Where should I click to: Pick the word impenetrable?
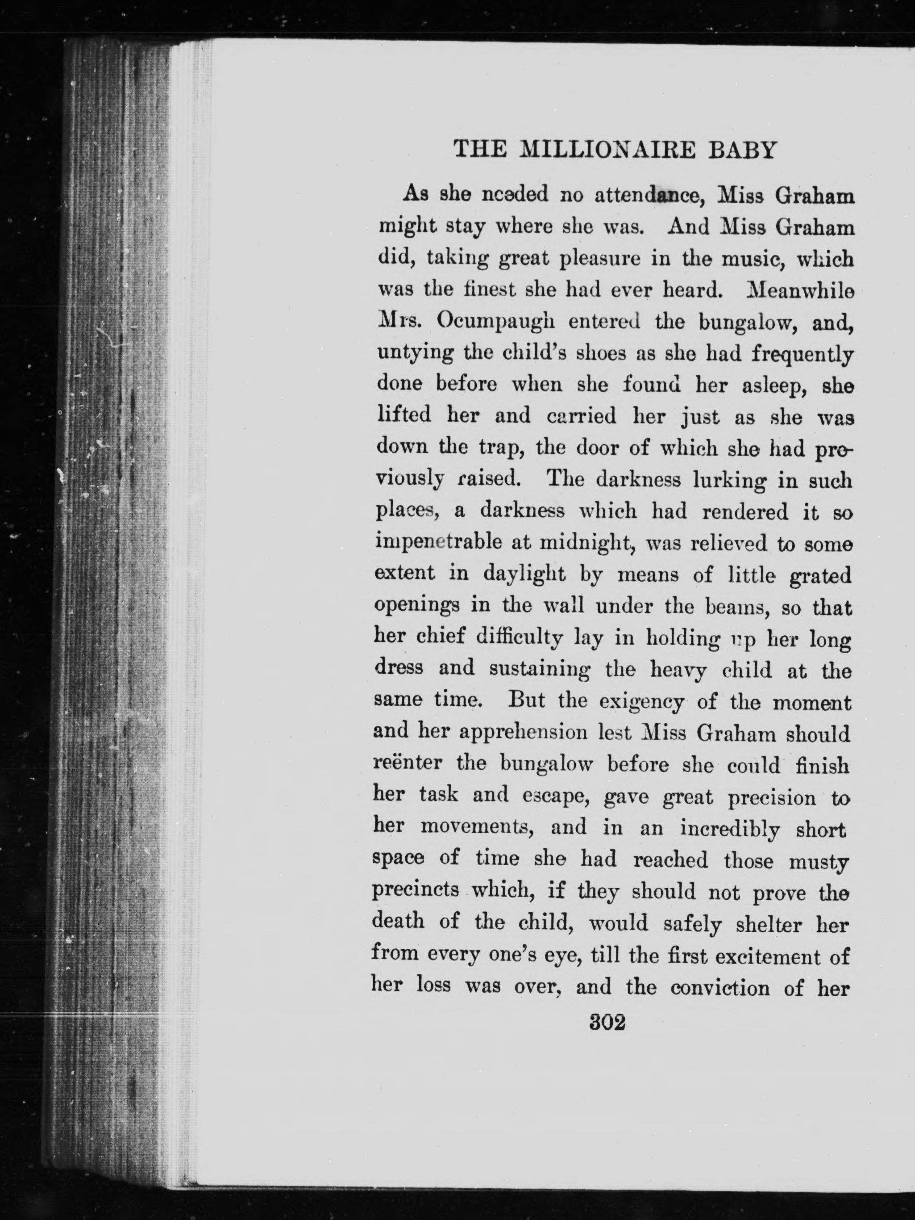coord(439,543)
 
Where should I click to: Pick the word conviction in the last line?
coord(720,987)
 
